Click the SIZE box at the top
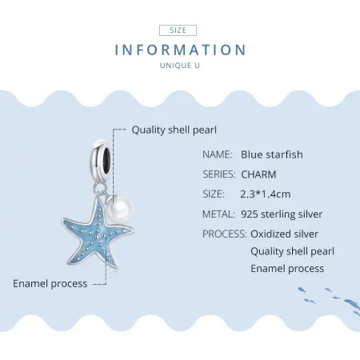click(179, 30)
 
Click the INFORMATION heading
click(180, 50)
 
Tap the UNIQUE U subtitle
click(180, 66)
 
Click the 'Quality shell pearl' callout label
click(174, 130)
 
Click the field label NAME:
click(217, 154)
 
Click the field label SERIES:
click(218, 174)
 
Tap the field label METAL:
click(218, 214)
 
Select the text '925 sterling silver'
click(281, 214)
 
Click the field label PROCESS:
click(224, 234)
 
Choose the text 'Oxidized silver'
click(284, 234)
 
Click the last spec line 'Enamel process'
click(286, 268)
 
